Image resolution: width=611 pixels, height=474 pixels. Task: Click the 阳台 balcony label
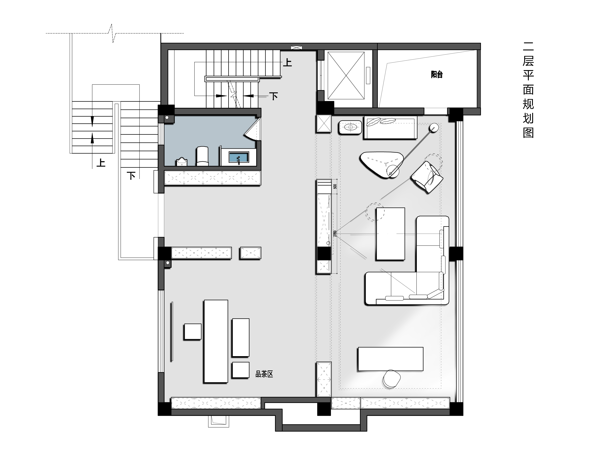[x=437, y=74]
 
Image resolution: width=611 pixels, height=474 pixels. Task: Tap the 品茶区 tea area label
[x=264, y=374]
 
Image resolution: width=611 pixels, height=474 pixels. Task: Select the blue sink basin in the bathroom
[x=239, y=157]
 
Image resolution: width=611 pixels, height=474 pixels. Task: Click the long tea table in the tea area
[x=216, y=341]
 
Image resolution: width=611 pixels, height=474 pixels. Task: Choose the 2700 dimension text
[x=335, y=234]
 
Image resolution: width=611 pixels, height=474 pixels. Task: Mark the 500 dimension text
[x=335, y=186]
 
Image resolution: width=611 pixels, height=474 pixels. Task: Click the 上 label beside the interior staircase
[x=287, y=62]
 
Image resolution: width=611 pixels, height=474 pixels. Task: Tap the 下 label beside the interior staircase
[x=274, y=96]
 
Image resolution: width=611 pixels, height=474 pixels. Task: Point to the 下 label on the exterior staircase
[x=131, y=176]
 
